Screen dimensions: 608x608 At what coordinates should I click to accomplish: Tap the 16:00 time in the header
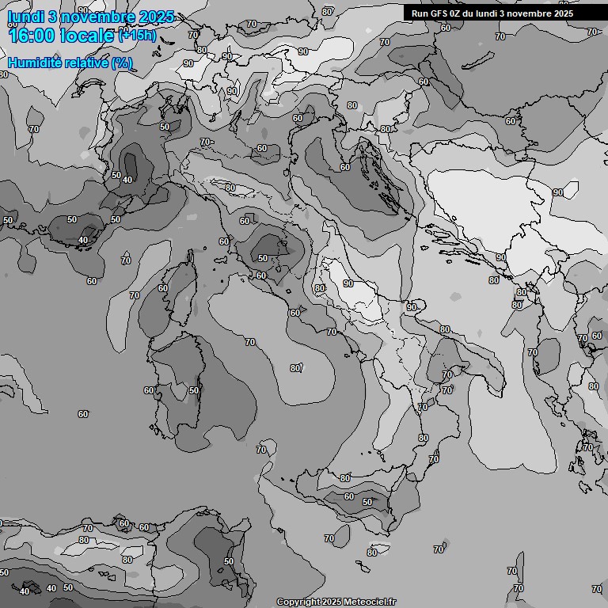click(x=32, y=35)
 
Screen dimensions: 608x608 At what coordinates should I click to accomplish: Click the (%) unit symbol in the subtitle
click(x=122, y=63)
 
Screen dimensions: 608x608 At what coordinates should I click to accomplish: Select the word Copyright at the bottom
click(x=298, y=602)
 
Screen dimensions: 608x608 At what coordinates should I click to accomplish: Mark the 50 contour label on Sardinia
click(x=194, y=391)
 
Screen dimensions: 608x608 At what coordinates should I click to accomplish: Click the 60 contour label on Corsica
click(x=163, y=288)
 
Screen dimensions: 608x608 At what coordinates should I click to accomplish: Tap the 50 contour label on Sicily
click(x=367, y=502)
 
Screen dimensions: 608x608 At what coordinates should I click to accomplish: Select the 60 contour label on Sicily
click(x=349, y=496)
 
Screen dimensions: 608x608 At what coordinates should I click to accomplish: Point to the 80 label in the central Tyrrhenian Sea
click(x=295, y=367)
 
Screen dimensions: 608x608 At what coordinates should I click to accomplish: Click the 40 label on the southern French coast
click(x=84, y=240)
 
